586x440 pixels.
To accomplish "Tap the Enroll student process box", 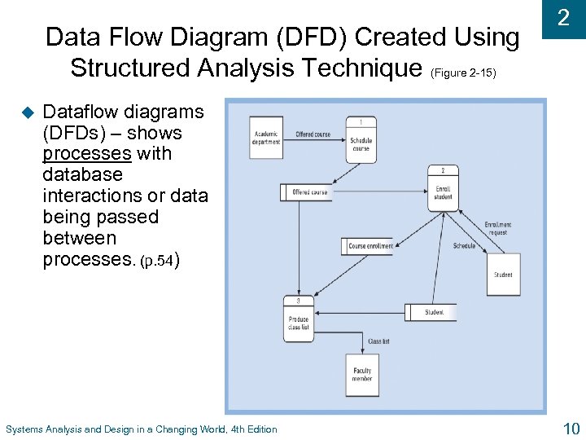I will click(x=443, y=189).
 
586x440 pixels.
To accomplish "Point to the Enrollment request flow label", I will click(x=497, y=228).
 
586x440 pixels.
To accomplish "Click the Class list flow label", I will click(x=378, y=341).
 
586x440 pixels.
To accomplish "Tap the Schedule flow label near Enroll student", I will click(x=464, y=246).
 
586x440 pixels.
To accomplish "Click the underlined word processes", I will click(x=87, y=153).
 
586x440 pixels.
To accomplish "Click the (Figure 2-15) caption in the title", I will click(x=461, y=73).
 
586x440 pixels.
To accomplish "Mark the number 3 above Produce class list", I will click(x=286, y=301).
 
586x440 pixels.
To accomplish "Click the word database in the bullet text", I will click(x=82, y=174).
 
